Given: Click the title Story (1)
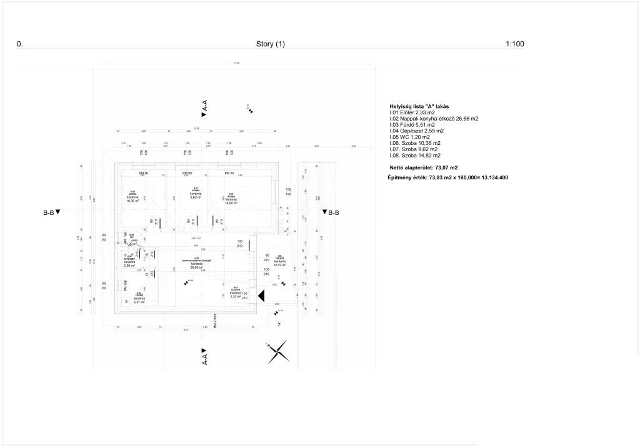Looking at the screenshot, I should pos(270,44).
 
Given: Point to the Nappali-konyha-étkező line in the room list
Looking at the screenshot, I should pos(434,118).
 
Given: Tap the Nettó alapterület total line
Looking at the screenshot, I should pos(423,167).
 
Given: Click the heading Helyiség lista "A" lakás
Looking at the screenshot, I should pos(419,106).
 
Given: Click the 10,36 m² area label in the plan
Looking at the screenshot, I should pos(132,201).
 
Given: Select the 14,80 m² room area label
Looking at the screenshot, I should pos(231,203).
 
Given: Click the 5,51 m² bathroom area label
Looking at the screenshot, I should pos(139,302).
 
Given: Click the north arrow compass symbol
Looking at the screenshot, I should pos(277,352).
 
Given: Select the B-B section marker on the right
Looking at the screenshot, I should pos(331,212).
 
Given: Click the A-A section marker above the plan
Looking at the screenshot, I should pos(204,109).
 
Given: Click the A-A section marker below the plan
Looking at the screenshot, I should pos(204,356).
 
